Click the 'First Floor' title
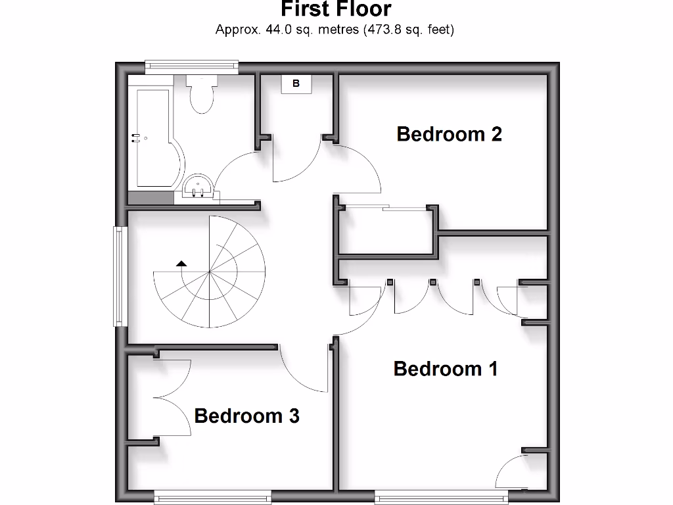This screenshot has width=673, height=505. pyautogui.click(x=336, y=9)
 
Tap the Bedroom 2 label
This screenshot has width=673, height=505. pyautogui.click(x=450, y=134)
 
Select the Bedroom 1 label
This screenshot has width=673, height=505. pyautogui.click(x=446, y=369)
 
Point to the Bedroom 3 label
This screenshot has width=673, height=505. pyautogui.click(x=247, y=416)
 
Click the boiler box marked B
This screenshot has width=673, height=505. pyautogui.click(x=296, y=84)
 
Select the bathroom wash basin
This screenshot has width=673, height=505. pyautogui.click(x=197, y=187)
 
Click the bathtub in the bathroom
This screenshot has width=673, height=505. pyautogui.click(x=154, y=138)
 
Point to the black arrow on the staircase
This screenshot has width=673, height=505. pyautogui.click(x=181, y=263)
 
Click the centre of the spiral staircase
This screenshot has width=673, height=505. pyautogui.click(x=209, y=272)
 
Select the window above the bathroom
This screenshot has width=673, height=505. pyautogui.click(x=191, y=64)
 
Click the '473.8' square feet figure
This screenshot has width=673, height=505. pyautogui.click(x=384, y=30)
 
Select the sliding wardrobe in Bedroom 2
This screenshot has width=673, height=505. pyautogui.click(x=386, y=230)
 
